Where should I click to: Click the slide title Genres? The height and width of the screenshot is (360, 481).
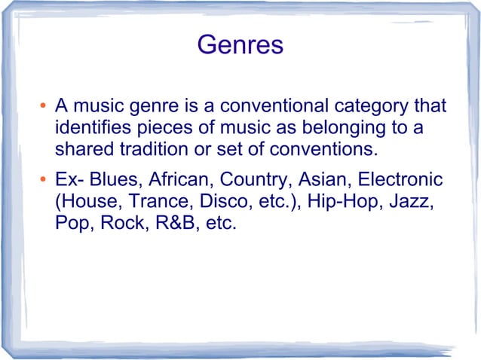click(x=240, y=45)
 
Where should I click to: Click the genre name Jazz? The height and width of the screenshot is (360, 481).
click(x=413, y=203)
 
